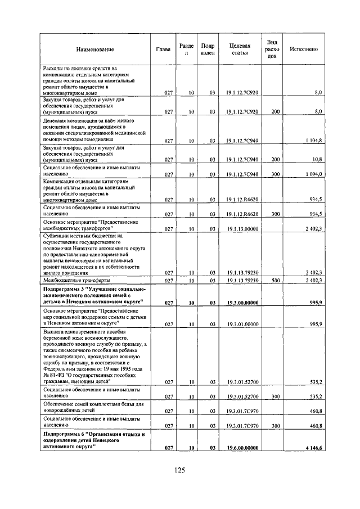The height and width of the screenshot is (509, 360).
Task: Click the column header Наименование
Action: click(95, 49)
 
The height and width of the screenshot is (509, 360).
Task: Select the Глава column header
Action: click(164, 49)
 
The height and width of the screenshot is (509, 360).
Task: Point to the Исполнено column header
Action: click(303, 49)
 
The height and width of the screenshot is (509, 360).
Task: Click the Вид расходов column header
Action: click(272, 49)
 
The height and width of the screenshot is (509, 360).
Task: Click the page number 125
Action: click(179, 470)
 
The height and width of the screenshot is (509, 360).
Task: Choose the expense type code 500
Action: click(275, 280)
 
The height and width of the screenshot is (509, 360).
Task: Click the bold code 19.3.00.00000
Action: click(242, 303)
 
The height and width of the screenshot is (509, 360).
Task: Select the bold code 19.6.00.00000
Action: click(242, 448)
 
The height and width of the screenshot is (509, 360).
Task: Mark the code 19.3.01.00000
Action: click(242, 325)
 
